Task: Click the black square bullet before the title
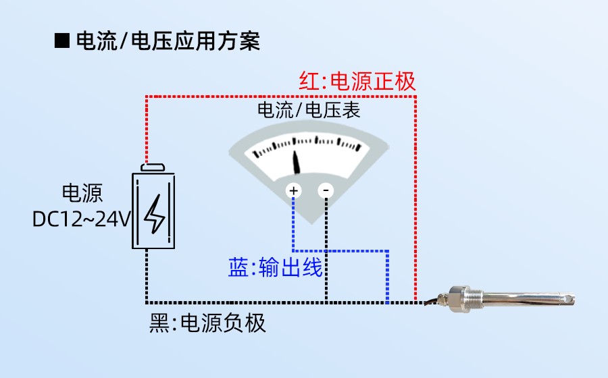pos(61,41)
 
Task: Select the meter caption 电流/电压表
pos(308,110)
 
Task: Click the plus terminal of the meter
pos(294,191)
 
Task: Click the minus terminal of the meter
pos(326,191)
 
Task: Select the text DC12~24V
pos(81,219)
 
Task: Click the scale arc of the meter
pos(307,144)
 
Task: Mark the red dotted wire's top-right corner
pos(415,97)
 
